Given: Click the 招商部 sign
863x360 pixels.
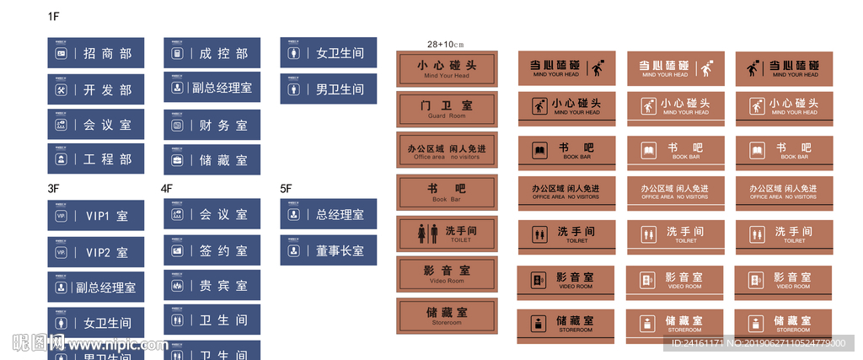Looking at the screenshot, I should click(95, 53).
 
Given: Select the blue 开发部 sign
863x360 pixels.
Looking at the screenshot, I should click(95, 89).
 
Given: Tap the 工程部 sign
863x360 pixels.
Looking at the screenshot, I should click(95, 159).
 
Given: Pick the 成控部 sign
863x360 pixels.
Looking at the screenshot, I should click(212, 53).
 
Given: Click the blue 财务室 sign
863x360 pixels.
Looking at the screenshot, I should click(212, 125).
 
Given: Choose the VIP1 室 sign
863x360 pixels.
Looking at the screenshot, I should click(95, 216).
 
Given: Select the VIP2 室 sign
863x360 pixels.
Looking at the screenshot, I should click(95, 252).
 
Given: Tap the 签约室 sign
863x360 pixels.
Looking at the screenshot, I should click(212, 250).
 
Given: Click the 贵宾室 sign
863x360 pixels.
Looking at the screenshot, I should click(212, 286).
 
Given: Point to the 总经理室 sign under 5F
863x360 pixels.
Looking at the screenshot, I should click(328, 214).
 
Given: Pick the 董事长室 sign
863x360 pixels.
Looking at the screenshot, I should click(328, 250).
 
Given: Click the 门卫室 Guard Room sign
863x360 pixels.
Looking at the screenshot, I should click(447, 109).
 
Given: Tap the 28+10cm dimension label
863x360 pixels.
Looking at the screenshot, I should click(446, 44).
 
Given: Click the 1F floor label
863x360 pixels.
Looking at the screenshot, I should click(53, 17).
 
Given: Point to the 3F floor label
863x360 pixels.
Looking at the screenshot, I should click(53, 189).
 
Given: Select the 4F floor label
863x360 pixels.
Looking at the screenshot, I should click(167, 189).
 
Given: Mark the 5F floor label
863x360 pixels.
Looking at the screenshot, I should click(286, 189).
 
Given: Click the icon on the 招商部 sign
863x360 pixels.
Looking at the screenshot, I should click(61, 54).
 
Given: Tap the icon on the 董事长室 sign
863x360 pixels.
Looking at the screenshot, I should click(293, 250).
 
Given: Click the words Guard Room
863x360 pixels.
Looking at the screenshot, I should click(447, 116).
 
